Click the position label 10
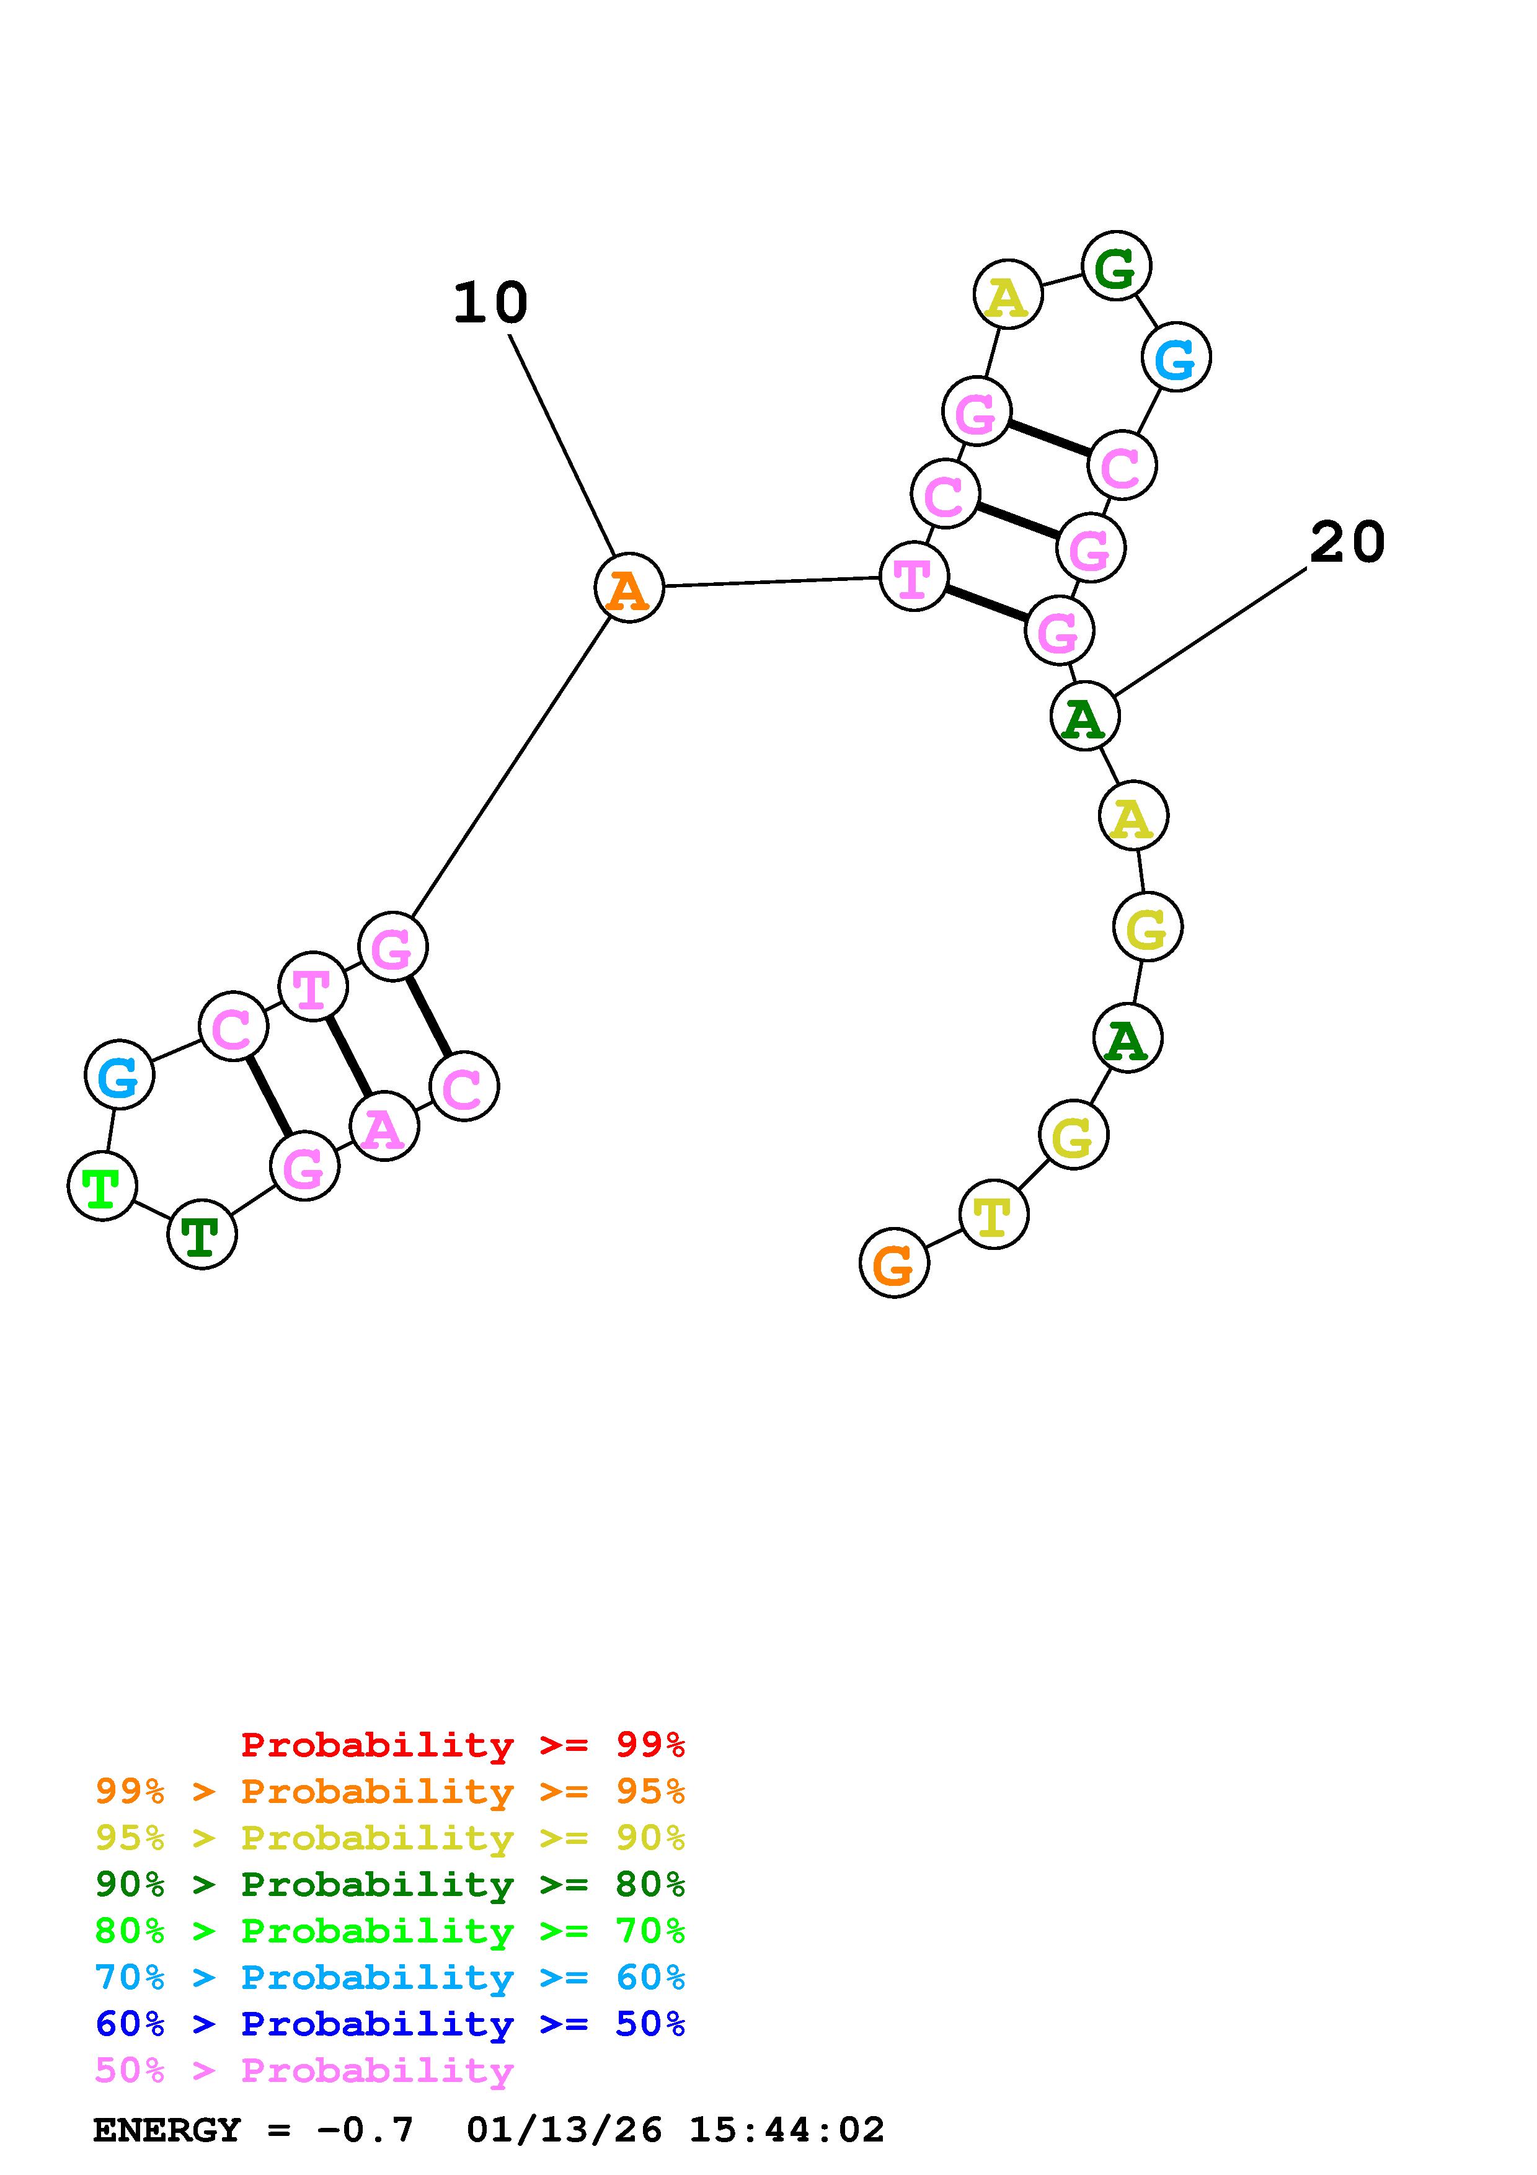(x=490, y=303)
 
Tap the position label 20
(x=1347, y=543)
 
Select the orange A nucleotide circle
(x=629, y=588)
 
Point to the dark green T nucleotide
(x=202, y=1234)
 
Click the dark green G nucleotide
(x=1117, y=266)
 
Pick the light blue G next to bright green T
(x=119, y=1074)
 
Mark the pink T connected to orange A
(x=913, y=577)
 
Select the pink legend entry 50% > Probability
(x=304, y=2071)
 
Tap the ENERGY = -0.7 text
(x=254, y=2130)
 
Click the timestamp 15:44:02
(x=786, y=2130)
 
